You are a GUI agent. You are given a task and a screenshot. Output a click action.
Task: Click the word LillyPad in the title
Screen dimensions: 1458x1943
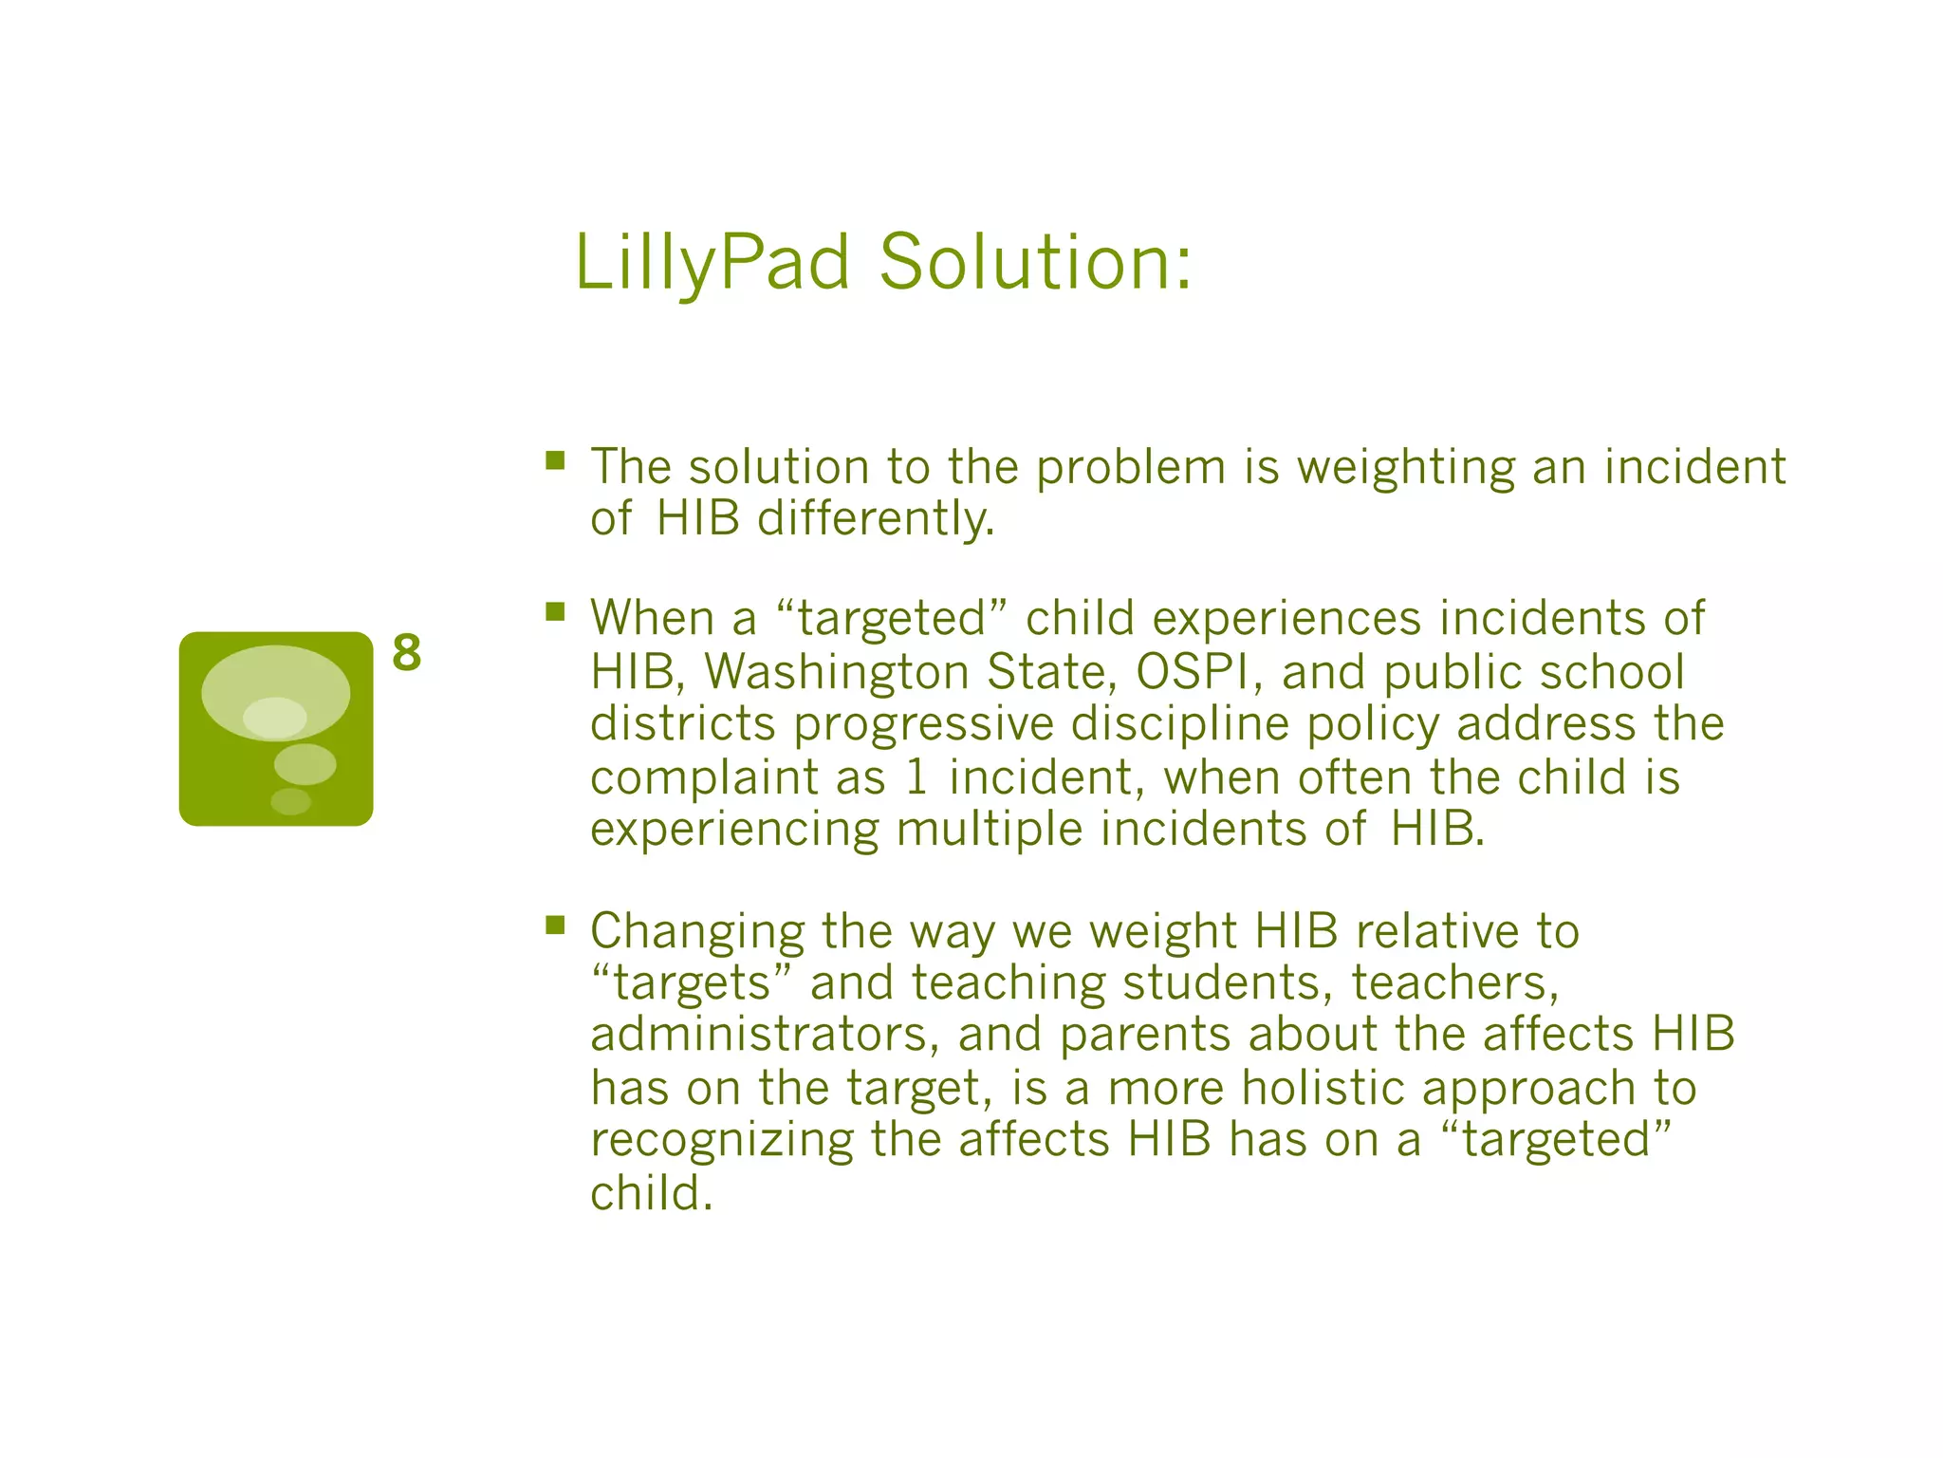(712, 263)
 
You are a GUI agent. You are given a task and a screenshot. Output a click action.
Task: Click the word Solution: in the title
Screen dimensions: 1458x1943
(1034, 263)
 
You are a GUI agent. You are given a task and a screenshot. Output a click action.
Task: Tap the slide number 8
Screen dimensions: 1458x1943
(407, 653)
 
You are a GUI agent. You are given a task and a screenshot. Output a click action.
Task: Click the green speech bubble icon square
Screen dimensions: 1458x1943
(275, 728)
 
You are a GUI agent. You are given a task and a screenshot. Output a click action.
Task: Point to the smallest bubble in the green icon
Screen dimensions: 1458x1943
(290, 801)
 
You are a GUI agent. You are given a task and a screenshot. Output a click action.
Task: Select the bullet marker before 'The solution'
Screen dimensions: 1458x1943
(555, 462)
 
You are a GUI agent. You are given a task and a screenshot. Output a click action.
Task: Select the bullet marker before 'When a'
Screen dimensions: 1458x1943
(555, 612)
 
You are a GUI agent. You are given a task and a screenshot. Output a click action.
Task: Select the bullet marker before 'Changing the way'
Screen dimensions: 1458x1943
(555, 925)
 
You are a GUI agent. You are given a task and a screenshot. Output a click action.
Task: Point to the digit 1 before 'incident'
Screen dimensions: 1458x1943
(916, 777)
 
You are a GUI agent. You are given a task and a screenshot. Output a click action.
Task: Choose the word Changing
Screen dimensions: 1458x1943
(697, 933)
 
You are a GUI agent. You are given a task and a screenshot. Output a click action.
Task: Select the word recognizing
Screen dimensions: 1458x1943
(722, 1141)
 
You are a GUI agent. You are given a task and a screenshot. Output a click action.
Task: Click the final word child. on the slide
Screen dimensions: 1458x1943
(651, 1193)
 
